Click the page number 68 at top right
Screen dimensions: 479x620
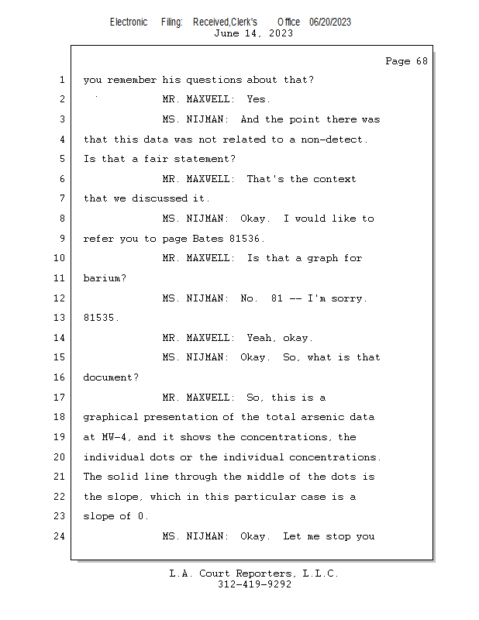click(x=422, y=61)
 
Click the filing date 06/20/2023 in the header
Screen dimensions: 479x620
click(x=330, y=22)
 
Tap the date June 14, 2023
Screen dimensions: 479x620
click(x=253, y=33)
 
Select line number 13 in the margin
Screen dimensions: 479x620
click(x=60, y=318)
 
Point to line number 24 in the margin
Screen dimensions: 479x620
click(x=60, y=536)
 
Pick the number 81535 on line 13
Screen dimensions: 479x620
click(x=99, y=318)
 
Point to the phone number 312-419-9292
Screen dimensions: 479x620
click(x=254, y=584)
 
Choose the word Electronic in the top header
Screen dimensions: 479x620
click(x=129, y=22)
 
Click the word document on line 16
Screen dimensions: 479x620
click(x=108, y=377)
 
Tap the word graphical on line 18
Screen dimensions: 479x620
click(x=111, y=418)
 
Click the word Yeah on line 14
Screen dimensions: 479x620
click(x=259, y=338)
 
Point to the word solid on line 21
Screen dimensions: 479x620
click(x=123, y=477)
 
